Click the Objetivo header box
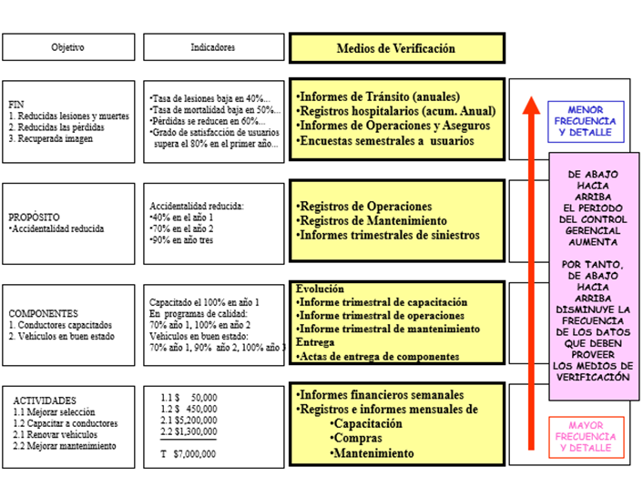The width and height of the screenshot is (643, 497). [x=68, y=47]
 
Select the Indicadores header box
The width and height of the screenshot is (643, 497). [x=214, y=47]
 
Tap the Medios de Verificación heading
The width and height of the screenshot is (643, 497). [x=395, y=48]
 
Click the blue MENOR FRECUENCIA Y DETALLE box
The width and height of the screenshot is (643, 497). [x=586, y=122]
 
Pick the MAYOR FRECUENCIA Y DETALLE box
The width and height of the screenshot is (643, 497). [x=586, y=437]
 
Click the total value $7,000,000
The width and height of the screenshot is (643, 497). [x=194, y=454]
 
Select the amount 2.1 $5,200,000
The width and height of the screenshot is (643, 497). [x=189, y=421]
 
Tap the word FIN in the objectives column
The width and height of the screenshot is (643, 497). [x=16, y=105]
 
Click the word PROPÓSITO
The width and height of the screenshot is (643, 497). [x=34, y=218]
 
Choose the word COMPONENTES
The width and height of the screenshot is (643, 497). [x=43, y=314]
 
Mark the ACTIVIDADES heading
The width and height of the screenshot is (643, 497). [x=45, y=401]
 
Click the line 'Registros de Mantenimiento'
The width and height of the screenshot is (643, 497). [x=372, y=221]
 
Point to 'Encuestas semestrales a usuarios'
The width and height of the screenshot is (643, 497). [x=385, y=141]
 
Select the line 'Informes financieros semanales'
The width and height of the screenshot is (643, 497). [x=380, y=395]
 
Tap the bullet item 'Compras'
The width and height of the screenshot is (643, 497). [x=356, y=438]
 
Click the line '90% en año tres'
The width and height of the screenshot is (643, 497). [x=181, y=240]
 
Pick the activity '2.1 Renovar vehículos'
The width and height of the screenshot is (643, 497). [x=55, y=434]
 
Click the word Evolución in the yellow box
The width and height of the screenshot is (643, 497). [x=320, y=289]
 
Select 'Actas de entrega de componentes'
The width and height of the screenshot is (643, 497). [x=378, y=357]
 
